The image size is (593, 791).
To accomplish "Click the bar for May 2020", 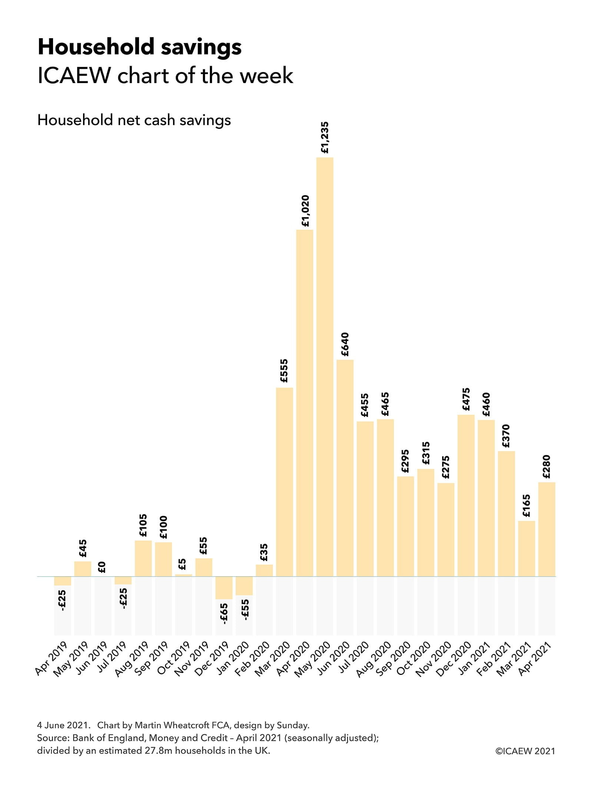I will click(325, 367).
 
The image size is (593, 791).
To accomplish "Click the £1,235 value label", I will click(325, 138).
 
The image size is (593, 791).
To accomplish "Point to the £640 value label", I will click(345, 345).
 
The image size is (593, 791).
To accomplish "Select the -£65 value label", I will click(224, 613).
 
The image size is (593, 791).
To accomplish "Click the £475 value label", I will click(466, 399).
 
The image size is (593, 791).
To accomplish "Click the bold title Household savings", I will click(139, 47).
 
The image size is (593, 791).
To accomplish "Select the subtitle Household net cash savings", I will click(134, 120).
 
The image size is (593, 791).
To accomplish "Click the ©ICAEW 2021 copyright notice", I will click(525, 751).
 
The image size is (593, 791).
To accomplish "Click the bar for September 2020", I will click(405, 526).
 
